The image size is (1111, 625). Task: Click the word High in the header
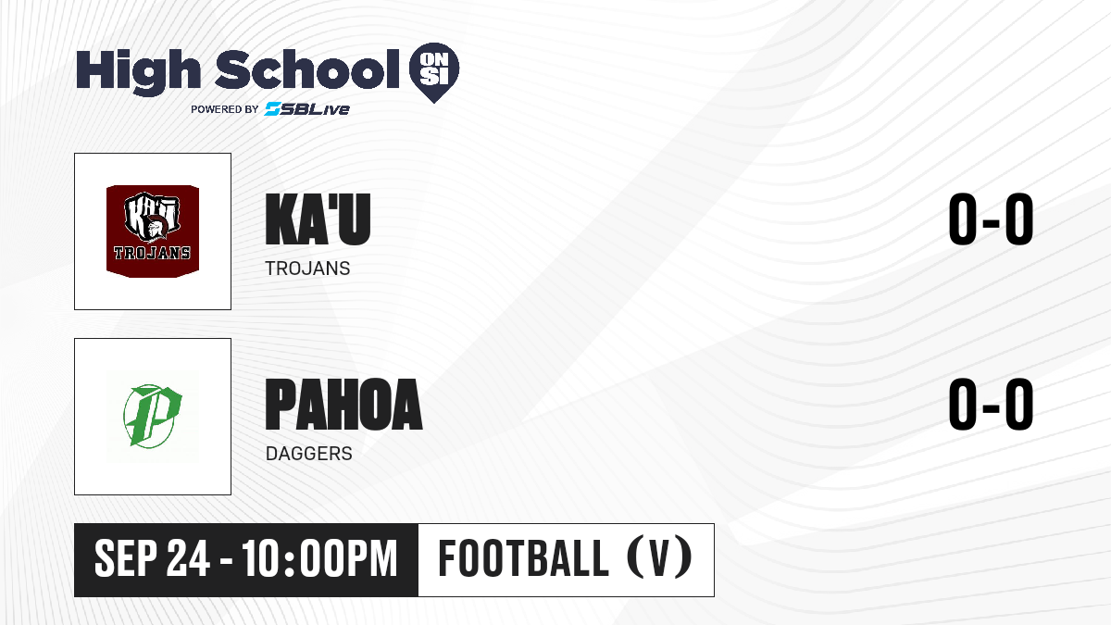[x=138, y=72]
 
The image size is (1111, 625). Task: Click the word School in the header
[x=307, y=69]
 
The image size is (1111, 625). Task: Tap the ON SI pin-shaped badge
[x=434, y=72]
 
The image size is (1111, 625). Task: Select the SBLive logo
[x=307, y=109]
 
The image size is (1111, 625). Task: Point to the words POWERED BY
[x=225, y=109]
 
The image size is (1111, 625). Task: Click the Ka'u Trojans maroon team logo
[x=153, y=231]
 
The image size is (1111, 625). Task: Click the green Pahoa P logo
[x=152, y=416]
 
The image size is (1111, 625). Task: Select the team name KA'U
[x=318, y=219]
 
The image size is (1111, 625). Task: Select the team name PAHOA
[x=343, y=405]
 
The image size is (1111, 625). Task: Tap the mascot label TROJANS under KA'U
[x=307, y=269]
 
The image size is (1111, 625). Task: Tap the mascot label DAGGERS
[x=308, y=454]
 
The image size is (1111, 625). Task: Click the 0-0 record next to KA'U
[x=991, y=219]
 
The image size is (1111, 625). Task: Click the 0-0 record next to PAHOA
[x=991, y=405]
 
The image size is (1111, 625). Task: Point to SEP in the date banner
[x=126, y=558]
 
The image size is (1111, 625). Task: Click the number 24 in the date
[x=188, y=558]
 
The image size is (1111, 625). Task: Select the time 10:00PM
[x=320, y=558]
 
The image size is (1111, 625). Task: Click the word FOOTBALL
[x=523, y=558]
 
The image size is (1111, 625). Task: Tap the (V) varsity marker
[x=659, y=558]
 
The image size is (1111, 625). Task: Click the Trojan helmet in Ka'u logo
[x=156, y=226]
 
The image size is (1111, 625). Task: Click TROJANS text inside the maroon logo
[x=152, y=253]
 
